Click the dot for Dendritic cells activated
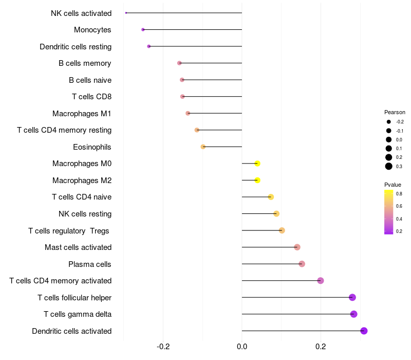pos(364,331)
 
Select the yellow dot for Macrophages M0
pos(257,164)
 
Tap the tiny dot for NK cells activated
pos(126,13)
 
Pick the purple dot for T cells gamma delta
pos(353,314)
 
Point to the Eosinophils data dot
pos(203,147)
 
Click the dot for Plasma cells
pos(302,264)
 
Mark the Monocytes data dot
pos(143,30)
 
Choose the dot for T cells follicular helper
pos(352,297)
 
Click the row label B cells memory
pos(85,63)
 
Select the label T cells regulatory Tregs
pos(69,230)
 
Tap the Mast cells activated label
pos(78,247)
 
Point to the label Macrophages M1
pos(82,113)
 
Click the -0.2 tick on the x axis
pos(163,346)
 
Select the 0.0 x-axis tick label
pos(241,346)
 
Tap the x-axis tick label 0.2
pos(321,346)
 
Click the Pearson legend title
pos(395,112)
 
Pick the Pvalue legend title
pos(393,185)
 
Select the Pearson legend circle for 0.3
pos(389,166)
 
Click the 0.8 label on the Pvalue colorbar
pos(399,193)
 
